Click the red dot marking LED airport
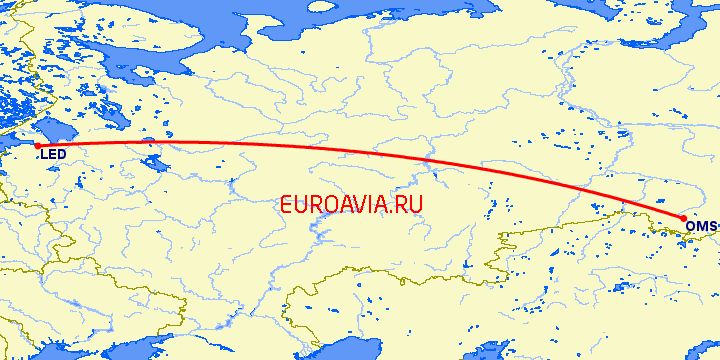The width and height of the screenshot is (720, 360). tap(37, 146)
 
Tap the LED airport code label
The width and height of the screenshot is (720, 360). tap(53, 155)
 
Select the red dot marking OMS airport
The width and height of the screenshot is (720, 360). tap(683, 218)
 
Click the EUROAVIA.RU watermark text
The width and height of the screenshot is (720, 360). tap(353, 204)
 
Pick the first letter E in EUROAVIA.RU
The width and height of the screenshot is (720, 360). tap(288, 204)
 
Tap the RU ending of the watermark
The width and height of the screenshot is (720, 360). tap(411, 204)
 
